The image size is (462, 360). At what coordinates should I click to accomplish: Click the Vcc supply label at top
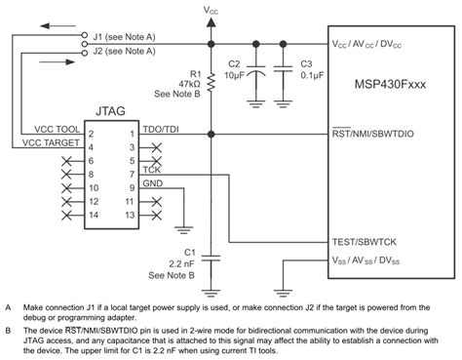point(212,9)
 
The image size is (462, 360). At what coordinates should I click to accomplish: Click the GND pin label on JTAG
point(152,181)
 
